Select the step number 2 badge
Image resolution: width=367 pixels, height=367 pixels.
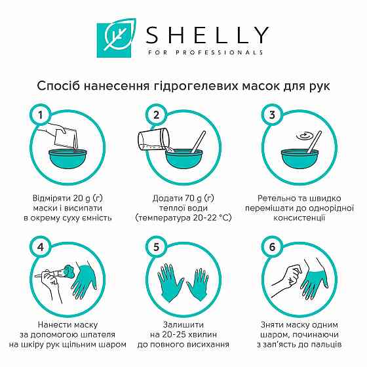tap(156, 116)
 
